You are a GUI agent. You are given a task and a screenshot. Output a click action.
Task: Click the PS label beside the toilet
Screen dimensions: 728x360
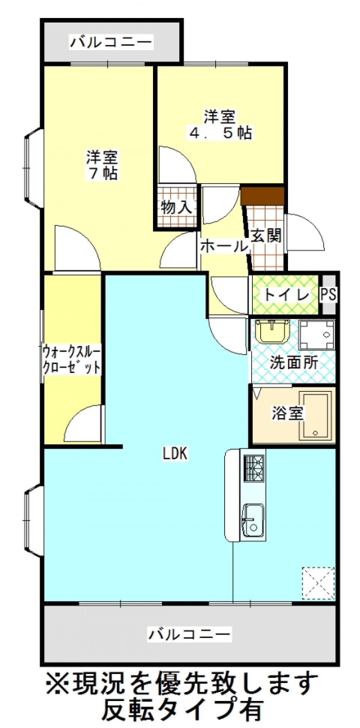[328, 295]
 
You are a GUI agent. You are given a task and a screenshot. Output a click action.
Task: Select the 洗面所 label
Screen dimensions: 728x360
[294, 363]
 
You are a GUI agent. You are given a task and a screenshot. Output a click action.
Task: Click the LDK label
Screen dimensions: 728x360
[175, 454]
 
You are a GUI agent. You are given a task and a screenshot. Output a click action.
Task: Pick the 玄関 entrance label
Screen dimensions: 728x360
[266, 236]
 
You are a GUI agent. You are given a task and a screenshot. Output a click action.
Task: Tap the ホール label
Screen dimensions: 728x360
[224, 247]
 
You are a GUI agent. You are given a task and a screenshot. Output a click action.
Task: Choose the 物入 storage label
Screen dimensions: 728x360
[177, 207]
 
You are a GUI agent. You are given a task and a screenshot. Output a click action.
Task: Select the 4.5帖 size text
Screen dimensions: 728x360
[219, 133]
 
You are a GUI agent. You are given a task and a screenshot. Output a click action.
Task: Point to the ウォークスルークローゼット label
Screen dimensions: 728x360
[71, 360]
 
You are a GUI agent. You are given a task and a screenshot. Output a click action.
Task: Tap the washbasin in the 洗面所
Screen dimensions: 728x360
[271, 331]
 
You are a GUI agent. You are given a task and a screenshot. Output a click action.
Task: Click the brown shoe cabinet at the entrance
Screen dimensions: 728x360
[262, 196]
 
